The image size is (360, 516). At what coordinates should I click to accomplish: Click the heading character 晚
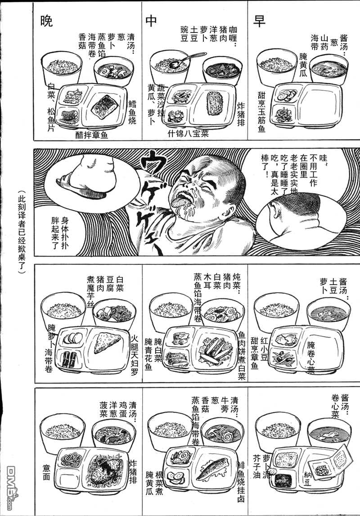coord(46,22)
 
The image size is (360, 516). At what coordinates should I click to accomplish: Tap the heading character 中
coord(151,21)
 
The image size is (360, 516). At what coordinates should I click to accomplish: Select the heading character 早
coord(259,21)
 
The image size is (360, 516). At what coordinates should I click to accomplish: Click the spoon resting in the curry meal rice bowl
coord(186,60)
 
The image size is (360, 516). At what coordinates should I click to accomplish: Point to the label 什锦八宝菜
coord(188,134)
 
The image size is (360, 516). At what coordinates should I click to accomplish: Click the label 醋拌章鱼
coord(92,135)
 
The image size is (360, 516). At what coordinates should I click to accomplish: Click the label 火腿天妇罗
coord(134,355)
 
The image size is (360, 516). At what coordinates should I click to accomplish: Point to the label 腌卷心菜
coord(311,358)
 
